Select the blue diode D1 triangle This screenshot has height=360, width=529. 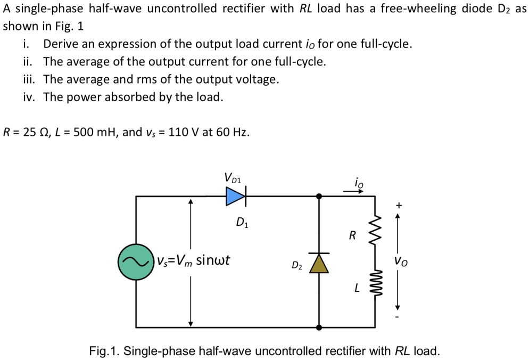pos(234,197)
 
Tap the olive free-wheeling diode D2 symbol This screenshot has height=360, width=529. pos(319,263)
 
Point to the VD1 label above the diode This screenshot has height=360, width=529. pos(233,177)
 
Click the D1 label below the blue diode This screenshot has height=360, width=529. pos(242,222)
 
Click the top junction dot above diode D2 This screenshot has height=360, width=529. pos(319,197)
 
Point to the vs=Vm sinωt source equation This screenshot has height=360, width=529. pos(193,261)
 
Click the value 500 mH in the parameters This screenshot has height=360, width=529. pos(89,132)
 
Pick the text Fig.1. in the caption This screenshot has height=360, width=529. pos(105,351)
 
